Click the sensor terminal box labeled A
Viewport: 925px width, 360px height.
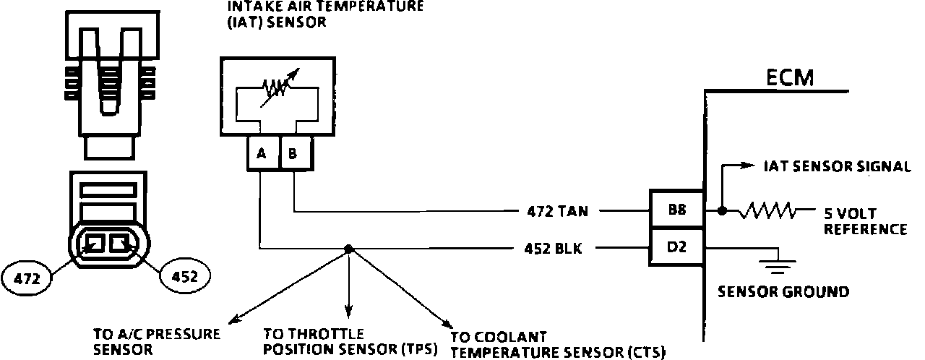click(262, 153)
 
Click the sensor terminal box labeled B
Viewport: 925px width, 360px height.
click(293, 153)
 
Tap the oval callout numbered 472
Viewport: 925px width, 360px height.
click(27, 276)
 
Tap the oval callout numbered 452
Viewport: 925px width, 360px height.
click(184, 276)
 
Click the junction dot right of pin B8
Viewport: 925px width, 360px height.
click(721, 212)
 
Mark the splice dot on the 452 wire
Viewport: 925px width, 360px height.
click(348, 249)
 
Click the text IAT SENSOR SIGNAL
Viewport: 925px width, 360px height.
click(836, 167)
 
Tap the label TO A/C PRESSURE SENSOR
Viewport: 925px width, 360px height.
click(156, 342)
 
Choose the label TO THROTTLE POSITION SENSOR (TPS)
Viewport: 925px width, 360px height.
click(350, 342)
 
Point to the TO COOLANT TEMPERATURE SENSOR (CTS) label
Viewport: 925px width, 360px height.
click(556, 346)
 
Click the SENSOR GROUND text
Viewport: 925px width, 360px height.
click(783, 292)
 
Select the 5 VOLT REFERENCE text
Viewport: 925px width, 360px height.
click(864, 222)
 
